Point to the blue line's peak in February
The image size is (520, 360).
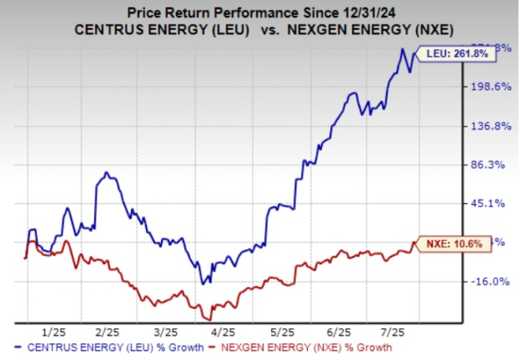coord(107,173)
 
